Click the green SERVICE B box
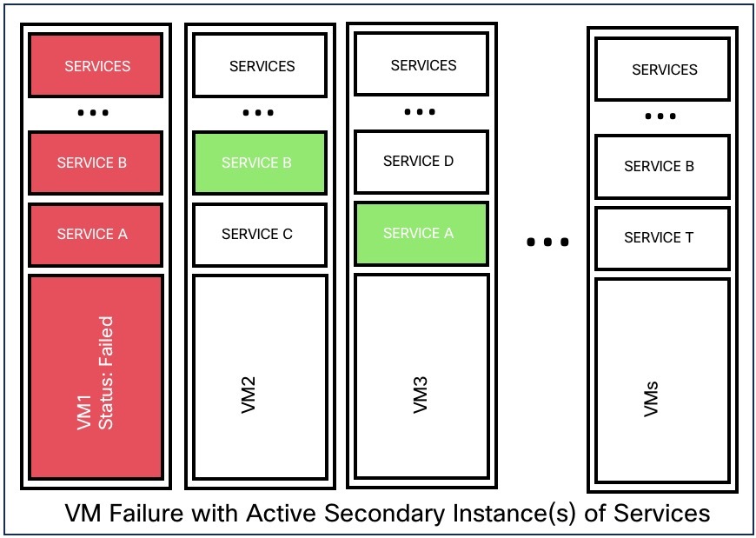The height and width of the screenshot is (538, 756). coord(258,163)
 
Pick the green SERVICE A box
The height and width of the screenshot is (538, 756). coord(421,233)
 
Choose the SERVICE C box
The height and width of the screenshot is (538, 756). coord(258,234)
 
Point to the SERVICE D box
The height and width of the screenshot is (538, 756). coord(421,162)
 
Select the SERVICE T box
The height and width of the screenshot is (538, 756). coord(661,237)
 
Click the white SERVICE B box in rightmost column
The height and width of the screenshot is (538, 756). coord(661,166)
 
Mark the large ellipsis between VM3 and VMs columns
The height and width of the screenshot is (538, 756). coord(548,242)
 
